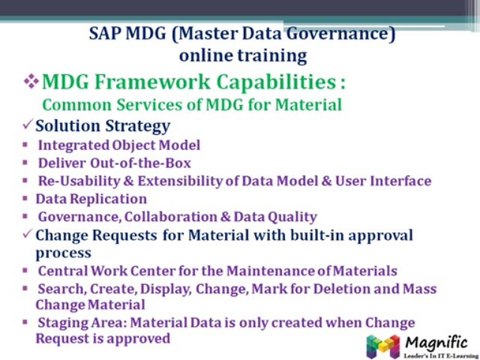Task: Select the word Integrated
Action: pos(74,145)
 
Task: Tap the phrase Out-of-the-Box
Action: pos(140,163)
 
